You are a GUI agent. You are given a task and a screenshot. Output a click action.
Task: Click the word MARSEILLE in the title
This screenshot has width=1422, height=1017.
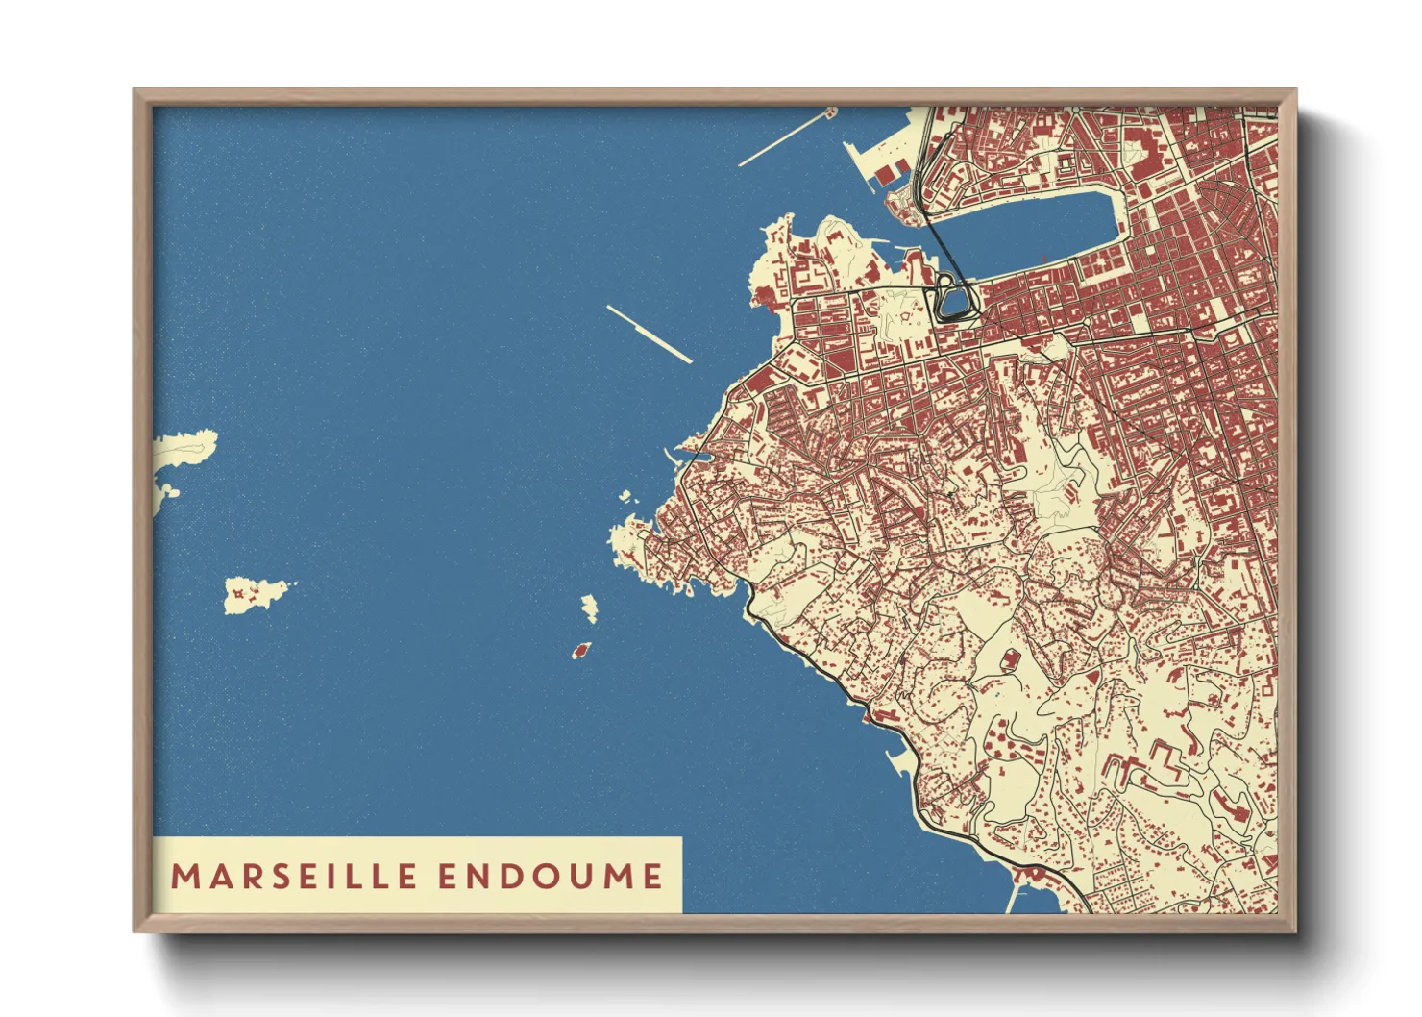294,876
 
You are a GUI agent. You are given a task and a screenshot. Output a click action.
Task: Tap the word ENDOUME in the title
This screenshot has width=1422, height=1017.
551,876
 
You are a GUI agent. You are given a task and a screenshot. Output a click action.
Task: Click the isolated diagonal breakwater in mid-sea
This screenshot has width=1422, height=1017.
650,335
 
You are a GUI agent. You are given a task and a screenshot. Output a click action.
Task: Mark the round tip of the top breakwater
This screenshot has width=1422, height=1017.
831,112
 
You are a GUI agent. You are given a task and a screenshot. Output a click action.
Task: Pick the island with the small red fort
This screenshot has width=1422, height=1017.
254,594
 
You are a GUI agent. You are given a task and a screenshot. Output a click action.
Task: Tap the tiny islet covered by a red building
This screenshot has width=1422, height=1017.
580,651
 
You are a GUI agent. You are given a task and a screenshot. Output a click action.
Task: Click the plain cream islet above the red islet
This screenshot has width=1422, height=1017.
589,608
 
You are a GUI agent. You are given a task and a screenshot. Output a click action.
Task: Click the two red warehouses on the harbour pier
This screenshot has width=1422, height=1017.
890,173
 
